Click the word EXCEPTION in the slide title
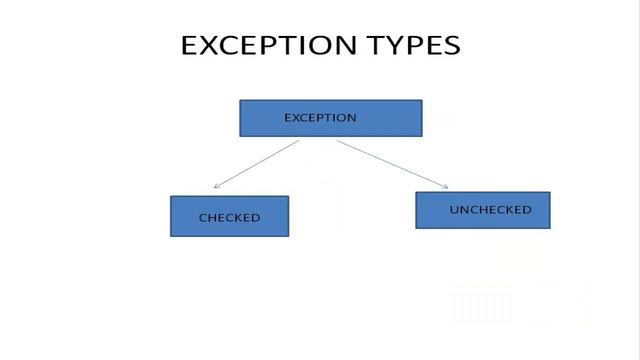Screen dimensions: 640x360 268,46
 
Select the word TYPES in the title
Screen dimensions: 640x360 415,46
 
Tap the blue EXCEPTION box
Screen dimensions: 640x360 331,118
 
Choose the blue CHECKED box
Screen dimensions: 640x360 229,216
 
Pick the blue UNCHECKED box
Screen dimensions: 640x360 482,210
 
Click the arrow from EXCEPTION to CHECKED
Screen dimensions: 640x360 257,164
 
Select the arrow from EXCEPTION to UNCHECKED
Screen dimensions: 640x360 392,163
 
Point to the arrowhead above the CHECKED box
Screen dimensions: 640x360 217,187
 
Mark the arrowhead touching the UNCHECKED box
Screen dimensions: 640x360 444,185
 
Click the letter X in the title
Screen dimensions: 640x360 207,46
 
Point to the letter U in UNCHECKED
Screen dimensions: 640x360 454,210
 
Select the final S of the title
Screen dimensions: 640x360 453,46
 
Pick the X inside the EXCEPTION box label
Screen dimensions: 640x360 297,118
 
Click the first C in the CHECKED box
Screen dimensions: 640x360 203,217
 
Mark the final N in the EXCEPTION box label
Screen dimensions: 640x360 351,118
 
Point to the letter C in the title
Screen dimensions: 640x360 229,46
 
